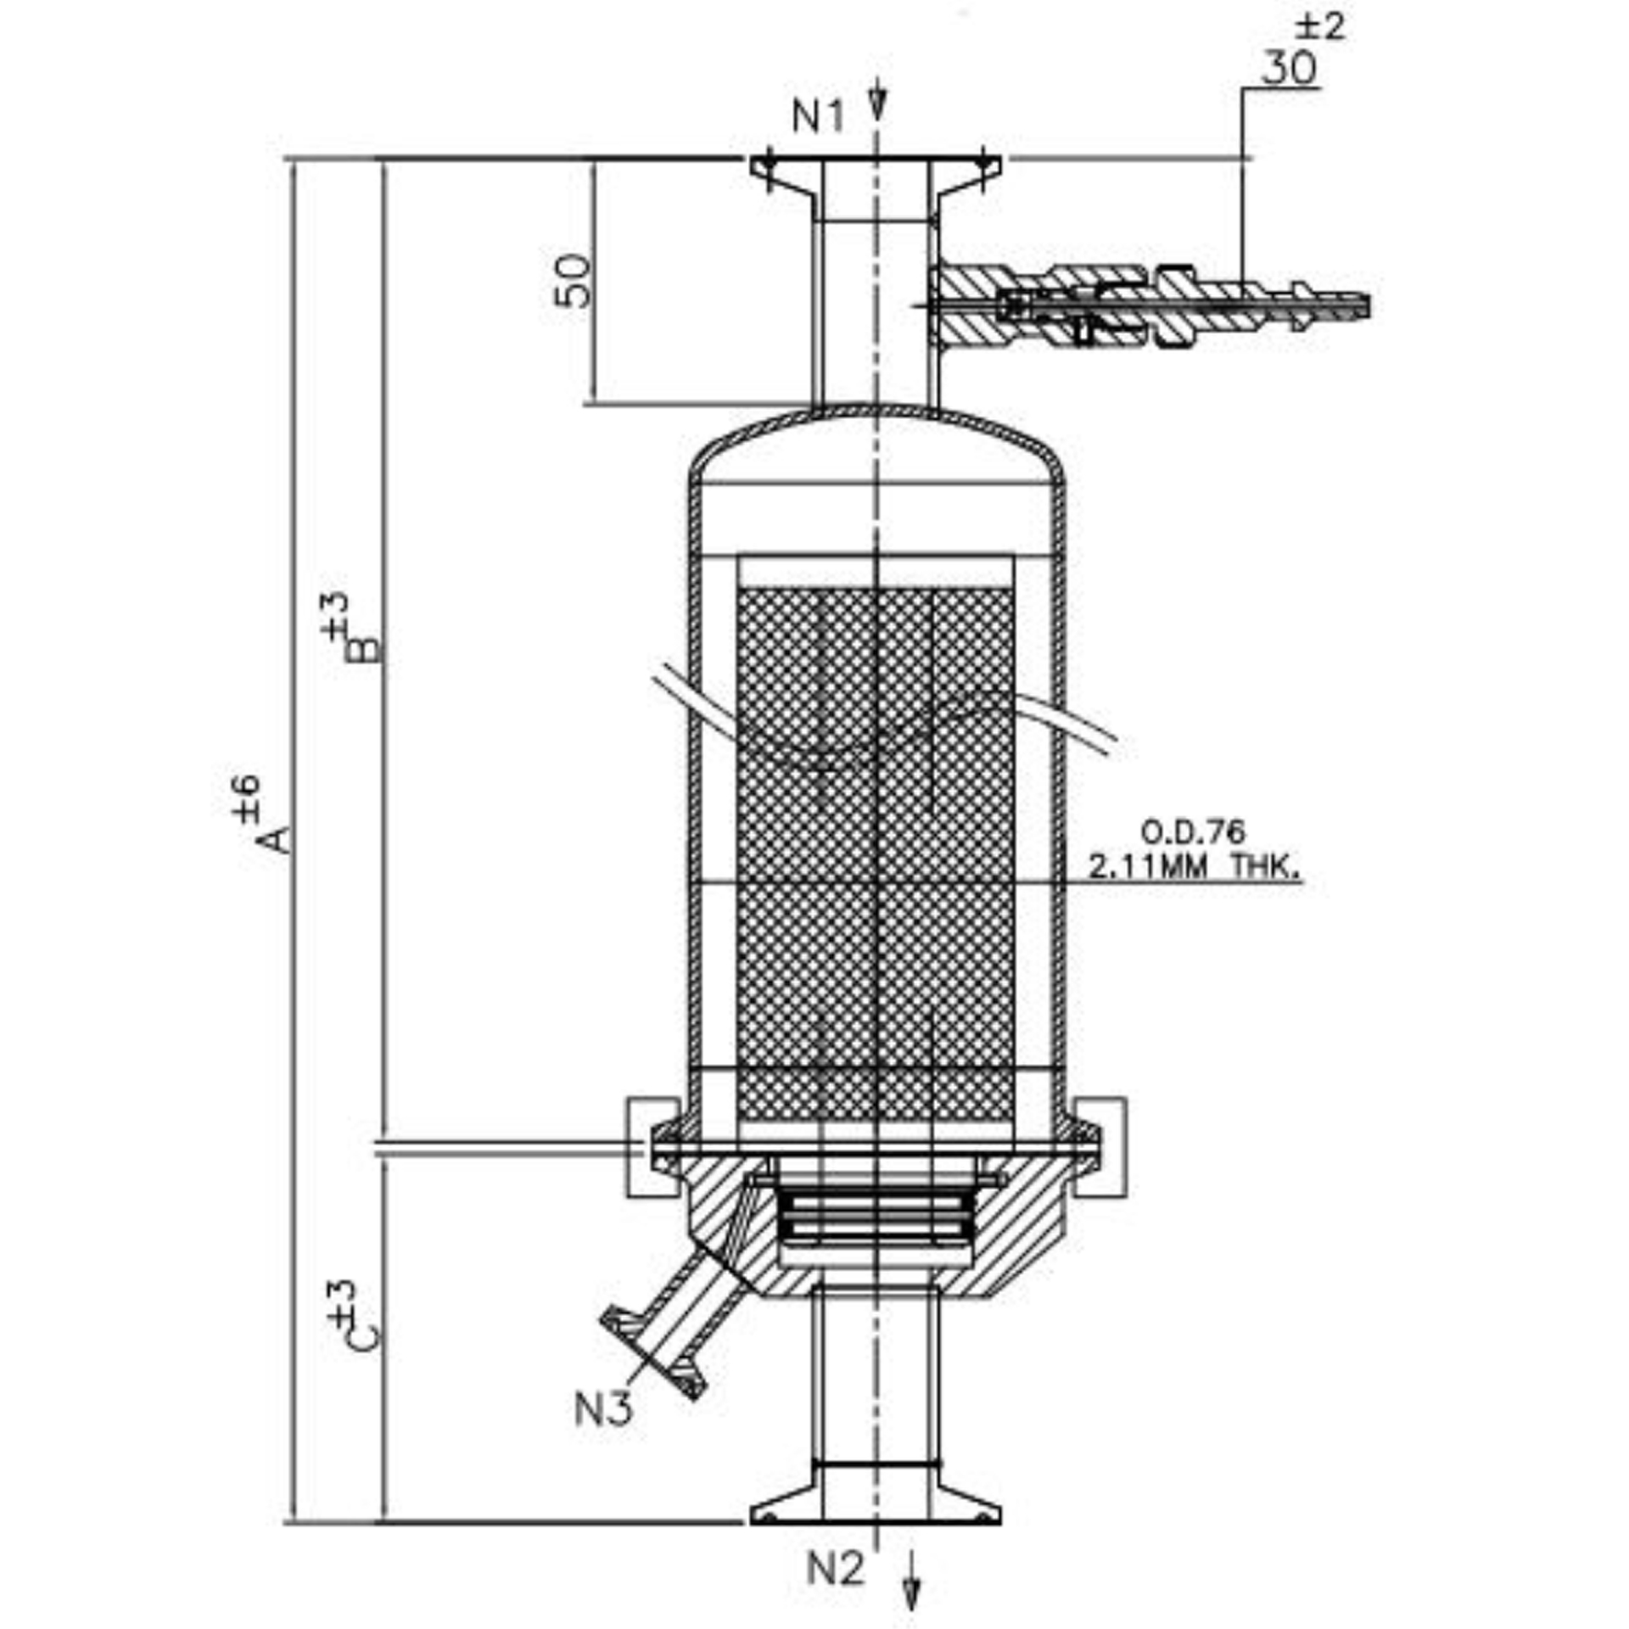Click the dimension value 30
(1289, 67)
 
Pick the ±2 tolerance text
(1320, 26)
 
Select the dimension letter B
(367, 649)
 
